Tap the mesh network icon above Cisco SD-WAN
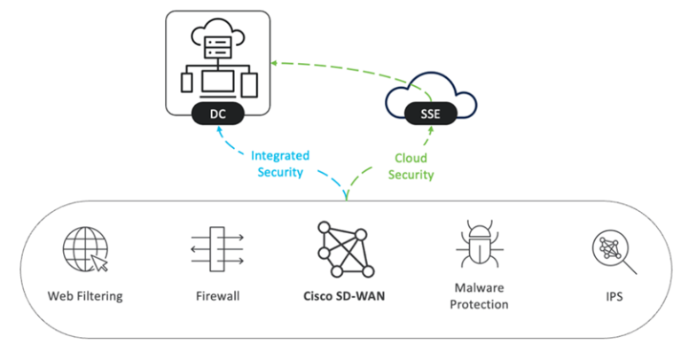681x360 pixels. [x=346, y=247]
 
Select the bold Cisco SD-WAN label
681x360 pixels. [x=346, y=296]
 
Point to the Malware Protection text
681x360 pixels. [x=479, y=296]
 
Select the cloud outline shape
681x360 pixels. [x=427, y=94]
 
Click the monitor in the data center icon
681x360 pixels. [x=218, y=82]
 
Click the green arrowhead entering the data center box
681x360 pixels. [x=274, y=62]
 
